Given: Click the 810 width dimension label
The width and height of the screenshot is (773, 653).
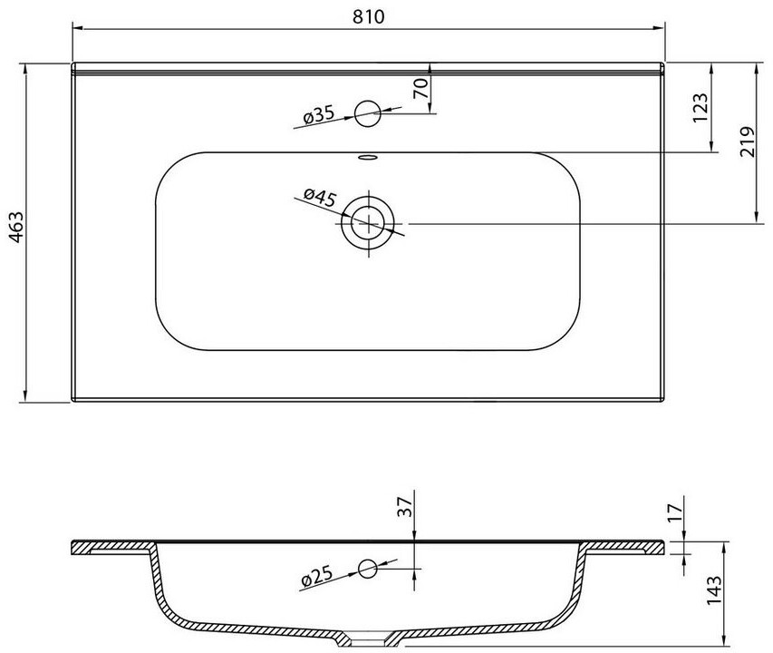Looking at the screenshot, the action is (x=368, y=16).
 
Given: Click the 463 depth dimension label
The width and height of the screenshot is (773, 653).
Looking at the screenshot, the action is (x=16, y=228).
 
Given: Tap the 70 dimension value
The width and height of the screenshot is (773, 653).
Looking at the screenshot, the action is (x=420, y=89).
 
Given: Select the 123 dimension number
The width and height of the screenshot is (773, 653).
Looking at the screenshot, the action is (x=701, y=108).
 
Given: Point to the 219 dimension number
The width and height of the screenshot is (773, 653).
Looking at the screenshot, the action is (x=748, y=141).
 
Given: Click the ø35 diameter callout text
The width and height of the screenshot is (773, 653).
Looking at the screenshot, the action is (x=319, y=115).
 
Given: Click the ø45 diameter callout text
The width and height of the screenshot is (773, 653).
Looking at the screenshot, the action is (x=320, y=198).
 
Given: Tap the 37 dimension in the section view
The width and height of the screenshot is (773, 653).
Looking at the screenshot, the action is (x=404, y=506).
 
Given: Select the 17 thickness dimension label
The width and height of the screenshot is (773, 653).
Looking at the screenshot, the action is (x=676, y=512).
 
